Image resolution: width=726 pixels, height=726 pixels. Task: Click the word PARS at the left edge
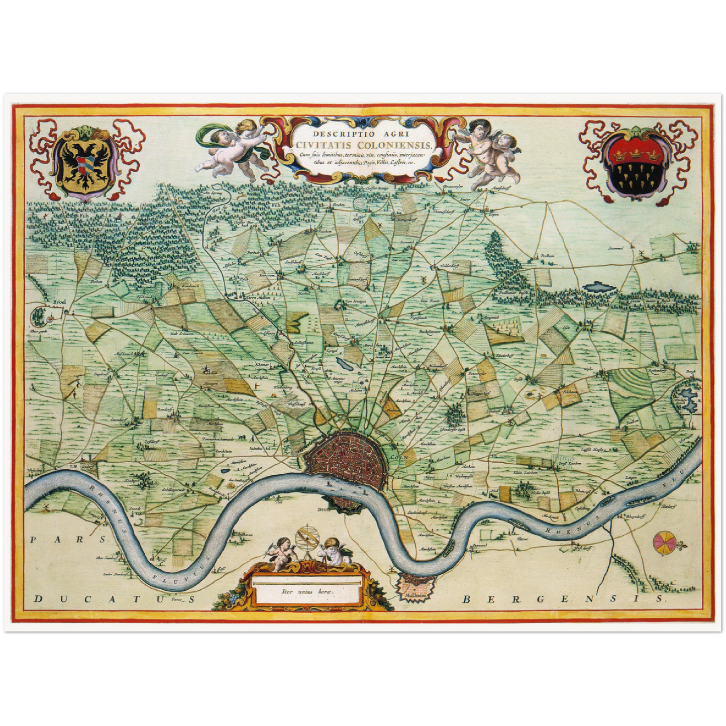tap(50, 540)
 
